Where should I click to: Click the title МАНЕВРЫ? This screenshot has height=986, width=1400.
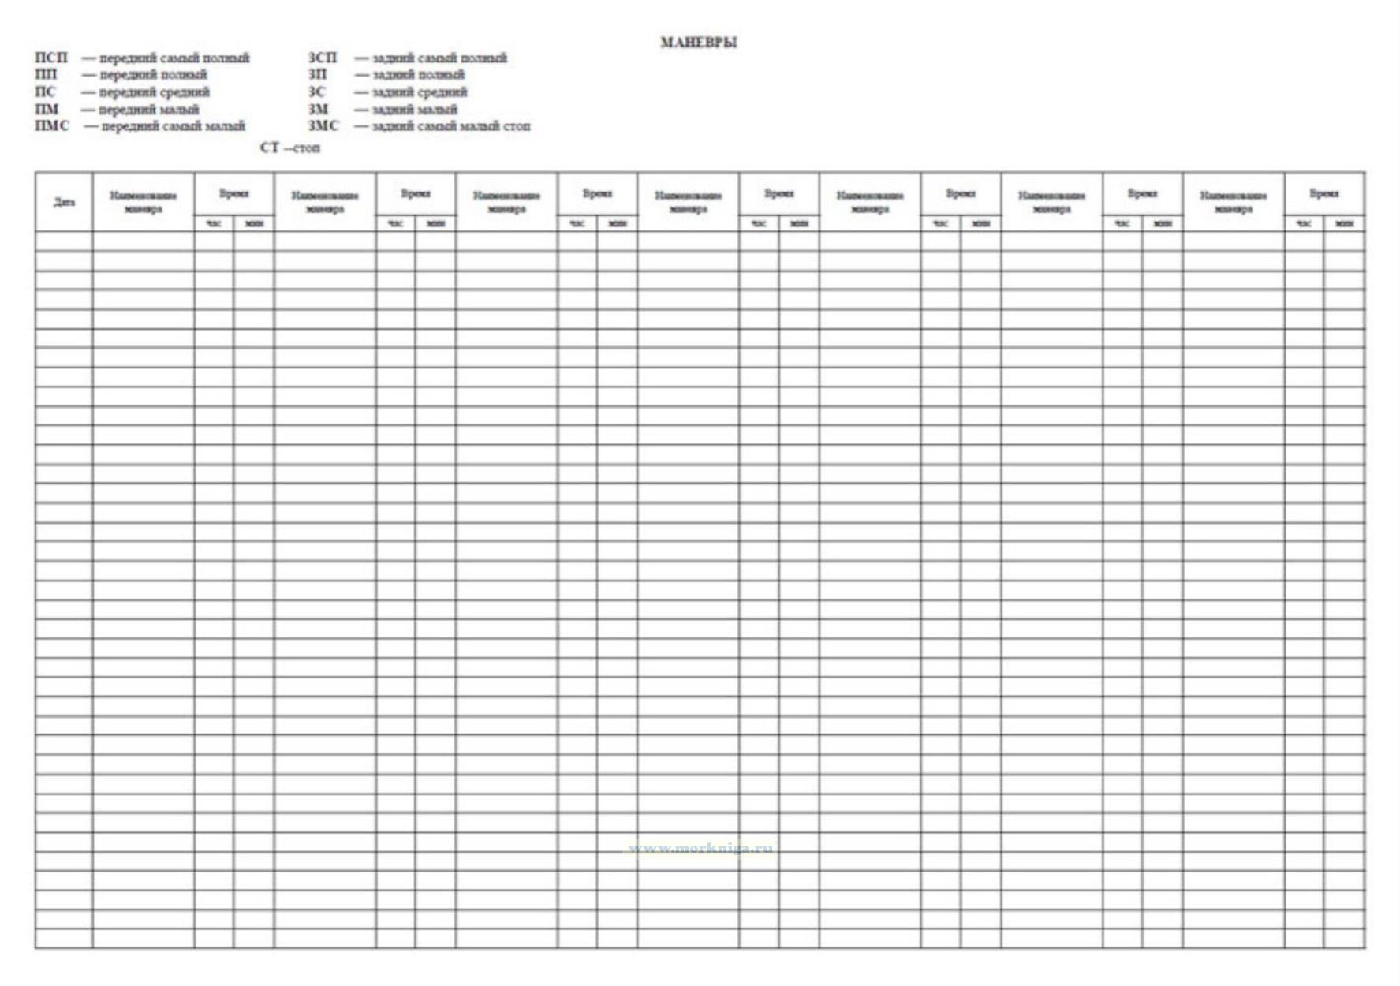[x=699, y=43]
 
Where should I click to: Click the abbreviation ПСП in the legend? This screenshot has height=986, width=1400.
[x=52, y=58]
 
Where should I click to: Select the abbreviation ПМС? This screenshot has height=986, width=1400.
[x=52, y=126]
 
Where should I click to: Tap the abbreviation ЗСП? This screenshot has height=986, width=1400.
[x=323, y=58]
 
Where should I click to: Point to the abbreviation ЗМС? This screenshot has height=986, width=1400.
[x=323, y=126]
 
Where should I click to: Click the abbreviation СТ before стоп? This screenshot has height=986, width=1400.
[x=269, y=148]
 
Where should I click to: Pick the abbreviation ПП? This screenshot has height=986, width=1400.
[x=47, y=75]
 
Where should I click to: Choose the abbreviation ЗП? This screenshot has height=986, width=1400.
[x=317, y=75]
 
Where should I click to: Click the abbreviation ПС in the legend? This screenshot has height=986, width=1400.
[x=46, y=92]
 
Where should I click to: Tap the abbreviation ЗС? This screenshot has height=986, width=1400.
[x=316, y=92]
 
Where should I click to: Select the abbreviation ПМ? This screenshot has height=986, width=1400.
[x=47, y=110]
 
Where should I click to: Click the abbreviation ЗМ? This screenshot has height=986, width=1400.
[x=319, y=110]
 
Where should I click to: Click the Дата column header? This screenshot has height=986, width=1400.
[x=64, y=202]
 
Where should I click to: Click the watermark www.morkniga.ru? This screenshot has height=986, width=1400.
[x=700, y=849]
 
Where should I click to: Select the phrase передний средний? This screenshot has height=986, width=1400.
[x=155, y=92]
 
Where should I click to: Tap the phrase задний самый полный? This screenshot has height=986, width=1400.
[x=439, y=58]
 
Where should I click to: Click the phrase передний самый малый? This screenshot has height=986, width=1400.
[x=174, y=126]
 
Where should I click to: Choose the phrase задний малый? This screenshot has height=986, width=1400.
[x=414, y=110]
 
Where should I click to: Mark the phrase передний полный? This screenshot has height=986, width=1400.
[x=153, y=75]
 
